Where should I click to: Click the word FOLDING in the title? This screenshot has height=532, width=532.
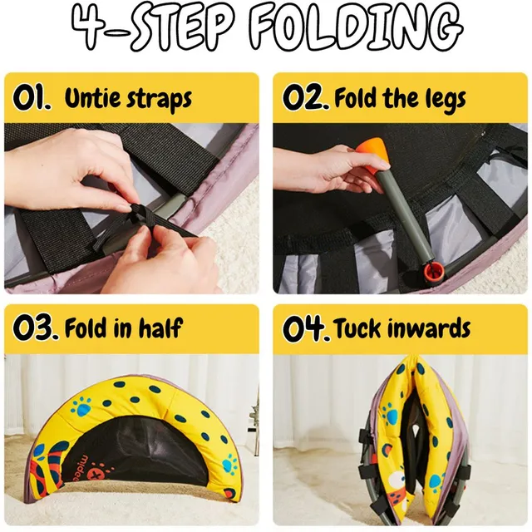tap(357, 29)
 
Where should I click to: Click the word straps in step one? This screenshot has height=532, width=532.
tap(159, 100)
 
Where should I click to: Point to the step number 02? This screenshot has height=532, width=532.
tap(306, 97)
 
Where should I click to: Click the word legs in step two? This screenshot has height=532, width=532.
tap(446, 99)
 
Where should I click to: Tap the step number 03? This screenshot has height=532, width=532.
tap(35, 328)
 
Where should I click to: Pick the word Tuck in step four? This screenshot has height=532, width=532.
tap(357, 328)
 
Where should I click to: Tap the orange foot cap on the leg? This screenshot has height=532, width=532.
tap(371, 152)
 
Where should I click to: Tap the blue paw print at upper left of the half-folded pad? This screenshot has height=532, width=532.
tap(81, 407)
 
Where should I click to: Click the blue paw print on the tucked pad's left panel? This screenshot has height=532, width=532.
tap(390, 414)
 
